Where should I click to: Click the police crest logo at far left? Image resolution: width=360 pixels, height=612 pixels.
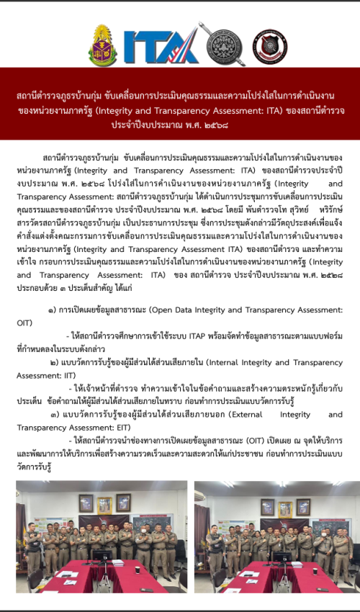[103, 45]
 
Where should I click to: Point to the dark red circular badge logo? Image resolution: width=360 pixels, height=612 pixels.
[270, 47]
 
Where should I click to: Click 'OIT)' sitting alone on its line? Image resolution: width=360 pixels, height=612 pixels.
[24, 323]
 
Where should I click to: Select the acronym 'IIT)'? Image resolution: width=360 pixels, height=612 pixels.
[64, 376]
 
